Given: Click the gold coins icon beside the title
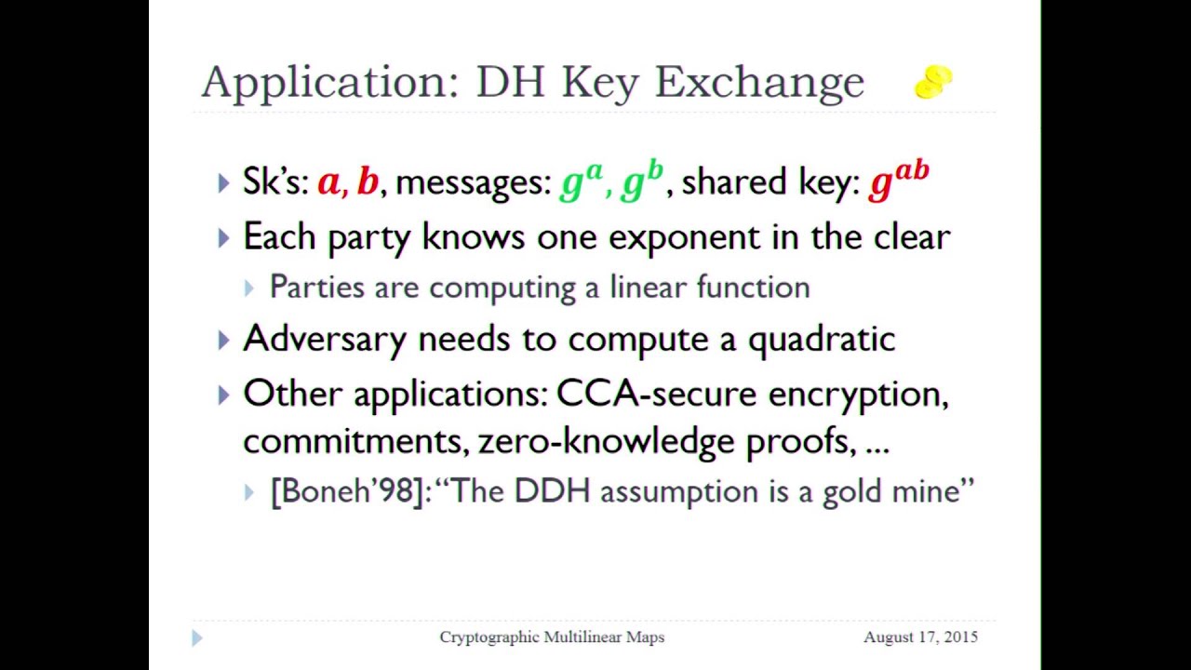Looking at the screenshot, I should click(933, 82).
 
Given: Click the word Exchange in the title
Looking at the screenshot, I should click(759, 82).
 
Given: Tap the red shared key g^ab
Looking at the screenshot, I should click(898, 181).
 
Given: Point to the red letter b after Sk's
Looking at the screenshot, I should click(368, 181).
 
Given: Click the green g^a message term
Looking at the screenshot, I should click(582, 181).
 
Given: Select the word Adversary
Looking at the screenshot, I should click(325, 339).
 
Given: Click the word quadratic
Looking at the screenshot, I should click(821, 339).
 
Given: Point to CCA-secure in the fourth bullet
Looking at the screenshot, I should click(656, 394).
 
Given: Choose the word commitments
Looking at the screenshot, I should click(355, 440).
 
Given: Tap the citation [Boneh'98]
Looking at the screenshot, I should click(348, 490).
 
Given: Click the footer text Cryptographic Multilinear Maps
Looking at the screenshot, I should click(552, 637).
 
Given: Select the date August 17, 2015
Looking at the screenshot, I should click(920, 637).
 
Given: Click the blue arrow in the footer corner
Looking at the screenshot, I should click(196, 637).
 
